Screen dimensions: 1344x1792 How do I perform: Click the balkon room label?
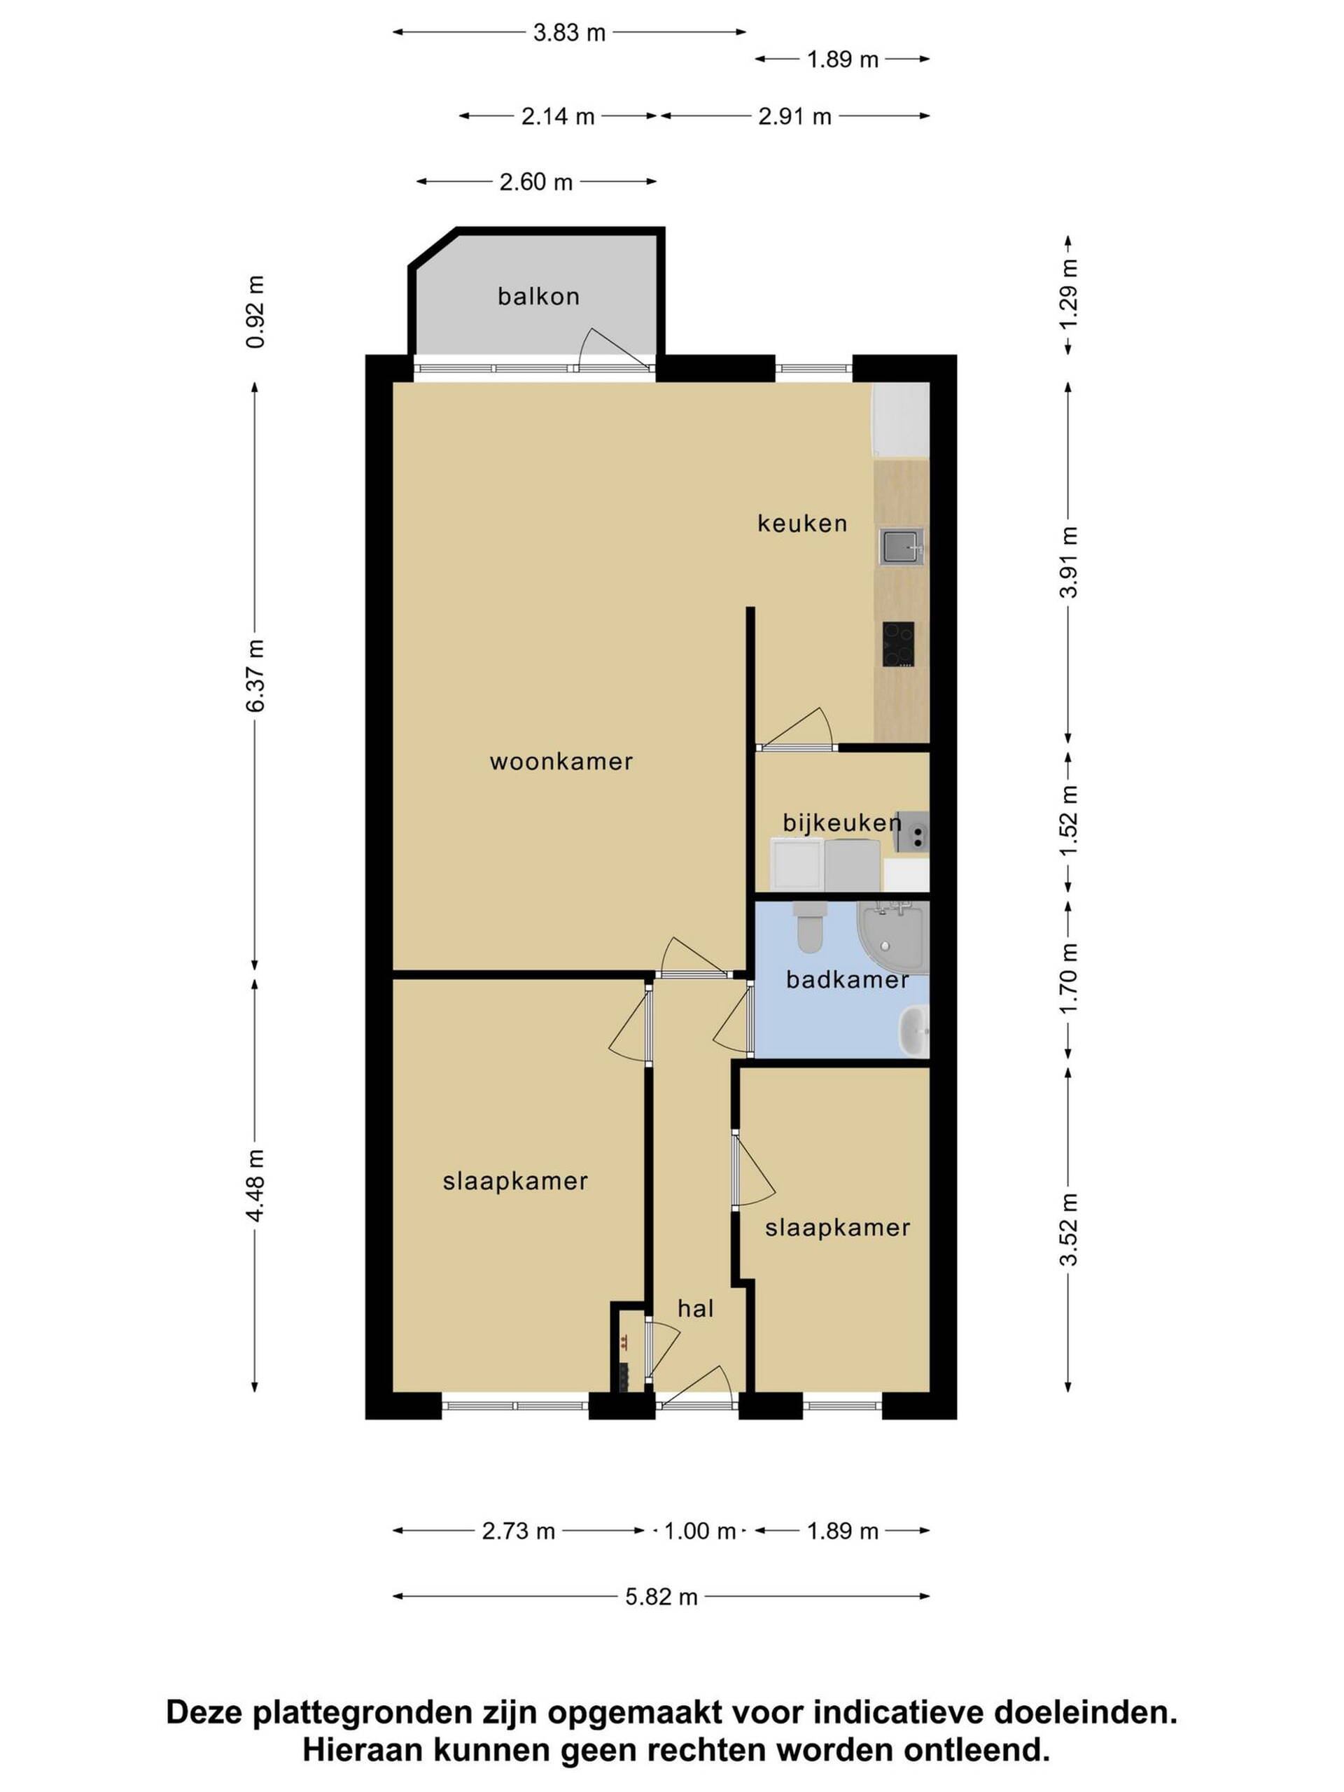click(x=539, y=297)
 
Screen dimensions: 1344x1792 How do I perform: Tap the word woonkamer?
click(x=561, y=762)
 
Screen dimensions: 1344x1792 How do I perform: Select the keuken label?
click(x=802, y=524)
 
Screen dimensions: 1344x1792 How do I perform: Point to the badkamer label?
click(x=848, y=980)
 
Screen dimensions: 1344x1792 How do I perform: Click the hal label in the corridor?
click(x=696, y=1308)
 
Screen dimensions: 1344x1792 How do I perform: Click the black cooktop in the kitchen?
click(x=898, y=644)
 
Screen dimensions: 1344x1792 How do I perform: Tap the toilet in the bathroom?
click(x=808, y=927)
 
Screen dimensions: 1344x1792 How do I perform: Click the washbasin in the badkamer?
click(x=915, y=1031)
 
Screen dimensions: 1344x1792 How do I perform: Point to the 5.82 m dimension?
click(x=661, y=1597)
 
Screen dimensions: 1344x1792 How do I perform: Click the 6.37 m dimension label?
click(x=255, y=675)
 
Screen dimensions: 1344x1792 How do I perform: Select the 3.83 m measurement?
click(x=570, y=32)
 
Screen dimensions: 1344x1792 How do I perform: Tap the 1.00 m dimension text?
click(x=700, y=1531)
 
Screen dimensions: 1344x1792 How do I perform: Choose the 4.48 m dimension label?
click(x=255, y=1185)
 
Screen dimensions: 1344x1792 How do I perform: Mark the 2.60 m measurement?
click(x=536, y=181)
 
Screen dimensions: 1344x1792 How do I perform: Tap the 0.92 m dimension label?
click(x=255, y=312)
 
